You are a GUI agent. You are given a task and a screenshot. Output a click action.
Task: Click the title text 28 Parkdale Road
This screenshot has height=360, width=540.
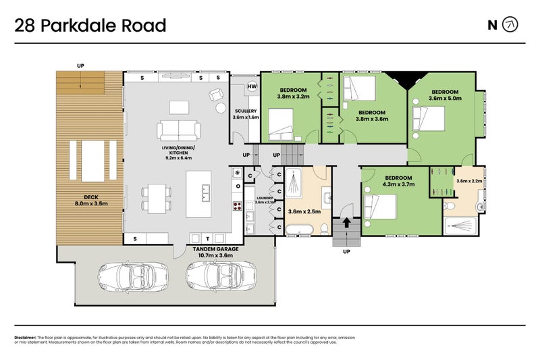click(90, 26)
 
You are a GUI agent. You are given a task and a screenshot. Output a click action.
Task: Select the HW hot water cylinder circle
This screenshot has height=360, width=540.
click(252, 86)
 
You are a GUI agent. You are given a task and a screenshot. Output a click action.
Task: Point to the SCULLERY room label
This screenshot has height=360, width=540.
click(245, 111)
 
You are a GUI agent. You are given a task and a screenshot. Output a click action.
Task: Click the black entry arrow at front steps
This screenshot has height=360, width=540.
click(346, 222)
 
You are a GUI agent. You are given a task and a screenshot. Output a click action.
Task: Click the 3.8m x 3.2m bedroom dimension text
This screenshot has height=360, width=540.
click(292, 97)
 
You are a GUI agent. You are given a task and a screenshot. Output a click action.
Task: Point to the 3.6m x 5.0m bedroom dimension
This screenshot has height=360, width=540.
click(445, 98)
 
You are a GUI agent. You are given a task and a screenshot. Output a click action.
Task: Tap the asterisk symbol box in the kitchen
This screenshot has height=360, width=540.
click(237, 173)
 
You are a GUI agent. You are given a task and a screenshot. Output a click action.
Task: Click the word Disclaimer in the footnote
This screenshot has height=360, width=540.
click(25, 337)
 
